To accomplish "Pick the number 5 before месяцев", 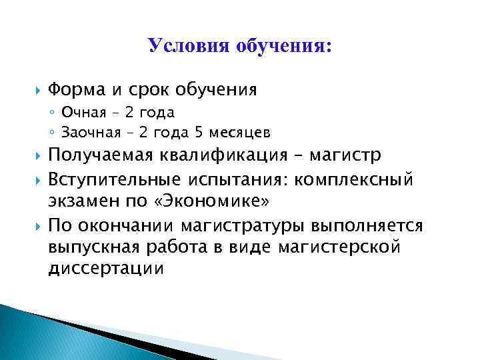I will click(191, 131).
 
